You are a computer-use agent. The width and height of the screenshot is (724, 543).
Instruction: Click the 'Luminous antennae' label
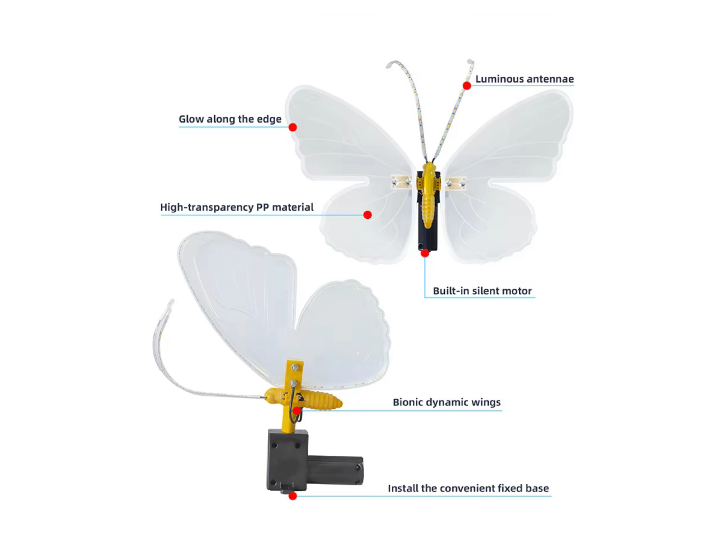coord(524,79)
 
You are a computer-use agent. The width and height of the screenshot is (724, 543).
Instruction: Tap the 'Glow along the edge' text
coord(230,119)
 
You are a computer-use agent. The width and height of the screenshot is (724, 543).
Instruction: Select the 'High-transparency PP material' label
coord(237,207)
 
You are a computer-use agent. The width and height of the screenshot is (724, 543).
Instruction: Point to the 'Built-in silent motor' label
coord(482,291)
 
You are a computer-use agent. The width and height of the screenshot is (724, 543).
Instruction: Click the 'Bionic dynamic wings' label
coord(447,402)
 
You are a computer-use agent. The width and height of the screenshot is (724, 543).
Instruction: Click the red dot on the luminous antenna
coord(467,86)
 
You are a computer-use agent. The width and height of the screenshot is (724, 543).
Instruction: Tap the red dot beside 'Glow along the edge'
coord(293,127)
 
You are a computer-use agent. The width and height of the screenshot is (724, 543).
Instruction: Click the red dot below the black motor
coord(425,253)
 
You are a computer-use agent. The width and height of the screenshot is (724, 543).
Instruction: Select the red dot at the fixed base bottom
coord(293,496)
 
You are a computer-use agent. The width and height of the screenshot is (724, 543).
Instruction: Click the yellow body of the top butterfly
coord(428,195)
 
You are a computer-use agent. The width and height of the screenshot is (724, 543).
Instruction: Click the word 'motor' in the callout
coord(517,291)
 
